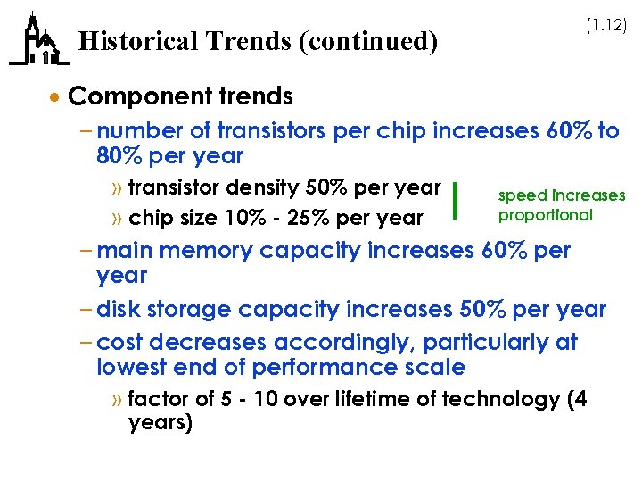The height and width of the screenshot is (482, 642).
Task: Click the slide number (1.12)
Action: (x=606, y=27)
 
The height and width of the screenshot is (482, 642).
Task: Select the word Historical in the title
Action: (x=132, y=42)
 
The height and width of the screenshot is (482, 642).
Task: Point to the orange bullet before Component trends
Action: (x=56, y=96)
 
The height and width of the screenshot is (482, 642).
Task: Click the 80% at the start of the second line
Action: (x=119, y=156)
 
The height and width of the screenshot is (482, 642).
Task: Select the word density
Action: (x=268, y=187)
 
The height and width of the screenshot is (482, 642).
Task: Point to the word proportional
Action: (x=545, y=215)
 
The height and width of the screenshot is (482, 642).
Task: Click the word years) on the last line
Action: (x=160, y=422)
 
